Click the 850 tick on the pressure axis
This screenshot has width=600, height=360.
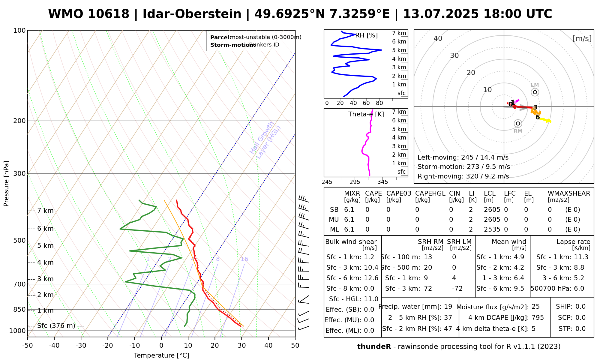19,309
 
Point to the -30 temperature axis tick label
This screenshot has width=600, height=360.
81,346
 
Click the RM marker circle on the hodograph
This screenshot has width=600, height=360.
518,124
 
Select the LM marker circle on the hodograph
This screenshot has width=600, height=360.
535,92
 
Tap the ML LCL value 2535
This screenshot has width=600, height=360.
492,229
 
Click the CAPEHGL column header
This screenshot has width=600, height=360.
430,193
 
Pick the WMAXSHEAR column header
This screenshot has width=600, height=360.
569,193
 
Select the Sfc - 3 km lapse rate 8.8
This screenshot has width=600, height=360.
578,268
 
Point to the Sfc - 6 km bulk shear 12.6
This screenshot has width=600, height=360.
371,278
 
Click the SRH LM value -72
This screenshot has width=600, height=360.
457,289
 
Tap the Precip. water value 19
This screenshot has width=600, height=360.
448,307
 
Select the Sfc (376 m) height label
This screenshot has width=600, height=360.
56,326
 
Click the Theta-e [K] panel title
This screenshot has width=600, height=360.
366,114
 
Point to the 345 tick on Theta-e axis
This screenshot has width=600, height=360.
382,182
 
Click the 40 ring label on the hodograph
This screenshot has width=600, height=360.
438,38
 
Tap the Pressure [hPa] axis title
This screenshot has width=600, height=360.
6,184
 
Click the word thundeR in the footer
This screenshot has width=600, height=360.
374,347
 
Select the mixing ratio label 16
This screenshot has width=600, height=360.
244,259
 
